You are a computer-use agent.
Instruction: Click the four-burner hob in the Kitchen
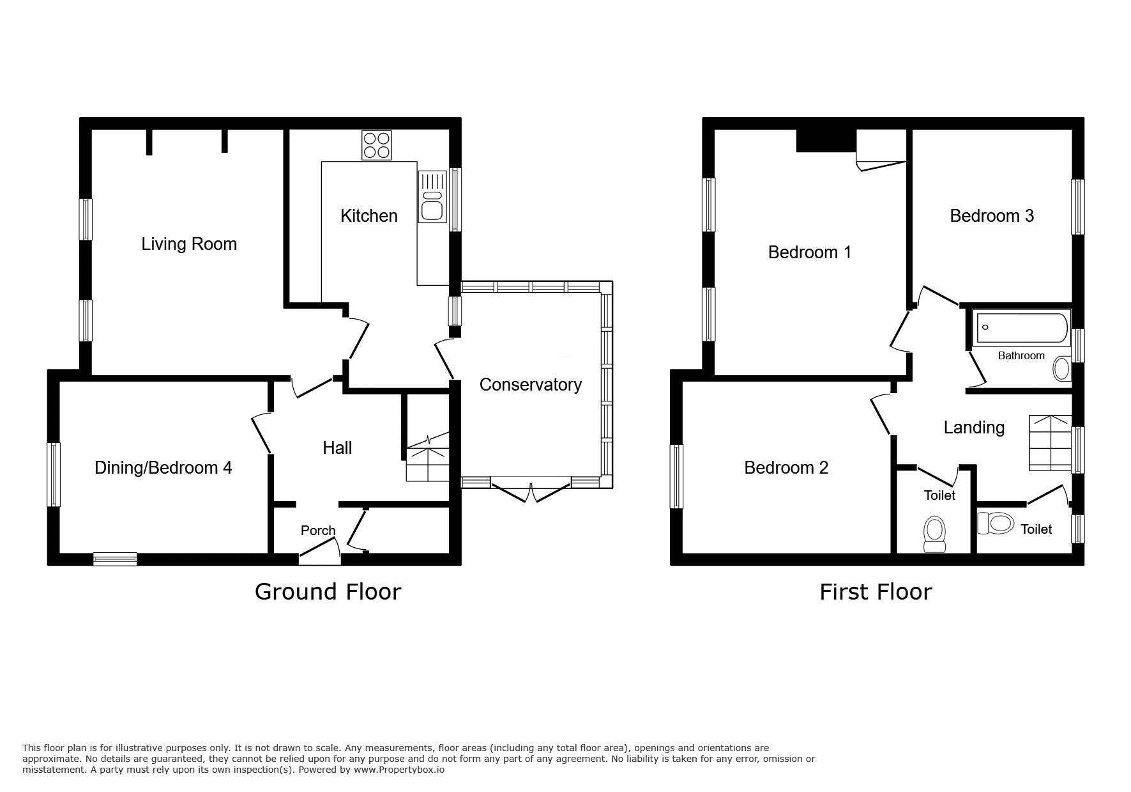(x=377, y=145)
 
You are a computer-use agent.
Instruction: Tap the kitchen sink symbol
(x=432, y=197)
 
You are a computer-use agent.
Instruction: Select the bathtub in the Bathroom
(x=1022, y=328)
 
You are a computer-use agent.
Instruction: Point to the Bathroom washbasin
(x=1062, y=369)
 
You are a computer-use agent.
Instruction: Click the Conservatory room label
(x=531, y=384)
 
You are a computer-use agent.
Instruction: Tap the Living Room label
(x=189, y=244)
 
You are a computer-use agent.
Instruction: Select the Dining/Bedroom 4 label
(x=163, y=468)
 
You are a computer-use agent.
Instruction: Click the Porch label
(x=318, y=531)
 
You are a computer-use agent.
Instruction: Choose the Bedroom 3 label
(x=992, y=216)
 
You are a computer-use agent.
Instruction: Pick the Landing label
(x=974, y=427)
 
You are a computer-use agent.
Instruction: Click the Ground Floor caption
(x=328, y=591)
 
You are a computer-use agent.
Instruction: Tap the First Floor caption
(x=876, y=591)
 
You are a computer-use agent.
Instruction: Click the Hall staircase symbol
(x=428, y=456)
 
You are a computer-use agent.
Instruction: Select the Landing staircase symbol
(x=1050, y=443)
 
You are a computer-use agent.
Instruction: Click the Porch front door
(x=319, y=550)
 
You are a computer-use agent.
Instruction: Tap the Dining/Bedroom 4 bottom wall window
(x=115, y=559)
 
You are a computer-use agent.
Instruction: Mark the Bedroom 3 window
(x=1078, y=207)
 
